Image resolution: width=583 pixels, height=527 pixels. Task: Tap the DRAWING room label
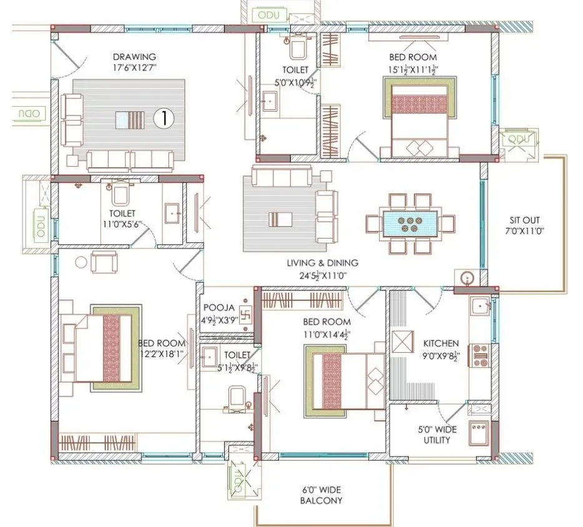[135, 57]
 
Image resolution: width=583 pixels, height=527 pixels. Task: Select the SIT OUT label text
[524, 220]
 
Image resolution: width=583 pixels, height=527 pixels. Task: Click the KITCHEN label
[441, 343]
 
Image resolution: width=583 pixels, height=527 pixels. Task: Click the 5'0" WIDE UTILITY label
[434, 435]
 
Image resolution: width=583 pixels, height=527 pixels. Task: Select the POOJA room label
[218, 308]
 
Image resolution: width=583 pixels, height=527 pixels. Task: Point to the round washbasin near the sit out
[468, 278]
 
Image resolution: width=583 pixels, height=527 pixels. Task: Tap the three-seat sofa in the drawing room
[129, 160]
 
